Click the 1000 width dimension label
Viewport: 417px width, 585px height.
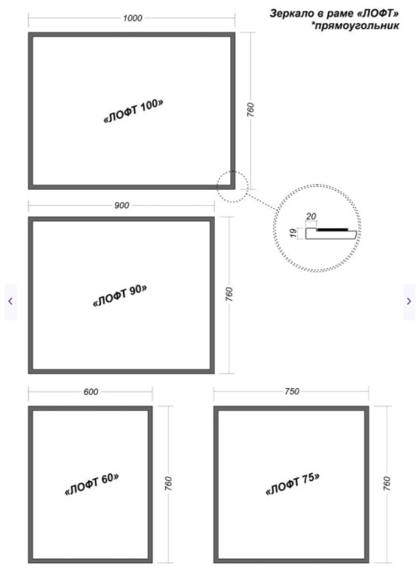click(x=133, y=18)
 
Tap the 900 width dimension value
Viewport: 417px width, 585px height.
click(x=121, y=205)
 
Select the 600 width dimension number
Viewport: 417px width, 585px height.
click(x=90, y=392)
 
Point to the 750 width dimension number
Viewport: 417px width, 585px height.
click(x=292, y=391)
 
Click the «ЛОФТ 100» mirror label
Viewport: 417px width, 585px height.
click(x=133, y=111)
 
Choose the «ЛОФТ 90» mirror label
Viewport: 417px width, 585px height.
click(x=119, y=296)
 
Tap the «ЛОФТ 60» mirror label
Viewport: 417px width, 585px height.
click(x=92, y=484)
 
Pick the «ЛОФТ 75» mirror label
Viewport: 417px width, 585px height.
click(x=293, y=484)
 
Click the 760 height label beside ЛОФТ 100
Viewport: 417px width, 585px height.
click(x=250, y=110)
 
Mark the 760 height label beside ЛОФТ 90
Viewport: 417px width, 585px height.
click(x=229, y=294)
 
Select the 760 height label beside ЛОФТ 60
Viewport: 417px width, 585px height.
click(x=168, y=483)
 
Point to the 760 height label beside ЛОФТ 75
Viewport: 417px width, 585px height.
click(x=387, y=483)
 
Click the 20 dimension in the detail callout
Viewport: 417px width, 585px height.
click(x=311, y=216)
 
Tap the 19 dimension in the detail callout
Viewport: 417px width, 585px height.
click(x=293, y=233)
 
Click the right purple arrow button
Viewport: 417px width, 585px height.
click(x=409, y=302)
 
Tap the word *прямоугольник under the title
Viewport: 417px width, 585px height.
click(x=355, y=26)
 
